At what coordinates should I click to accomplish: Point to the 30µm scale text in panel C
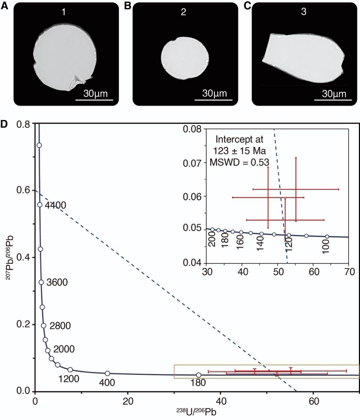pos(334,94)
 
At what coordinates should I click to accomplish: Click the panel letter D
pos(4,124)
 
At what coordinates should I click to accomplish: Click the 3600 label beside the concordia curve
pos(57,282)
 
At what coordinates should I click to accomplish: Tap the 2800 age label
pos(60,325)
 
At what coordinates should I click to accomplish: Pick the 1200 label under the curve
pos(69,379)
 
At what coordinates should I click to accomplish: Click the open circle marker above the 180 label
pos(198,375)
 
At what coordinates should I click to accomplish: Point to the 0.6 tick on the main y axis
pos(23,190)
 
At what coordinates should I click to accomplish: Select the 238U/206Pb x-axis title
pos(196,412)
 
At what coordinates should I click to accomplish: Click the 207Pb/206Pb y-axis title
pos(9,257)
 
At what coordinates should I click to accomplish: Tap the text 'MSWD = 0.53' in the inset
pos(239,162)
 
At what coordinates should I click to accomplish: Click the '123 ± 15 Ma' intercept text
pos(239,151)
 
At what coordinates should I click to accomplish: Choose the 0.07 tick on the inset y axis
pos(192,163)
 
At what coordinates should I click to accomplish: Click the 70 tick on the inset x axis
pos(349,271)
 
